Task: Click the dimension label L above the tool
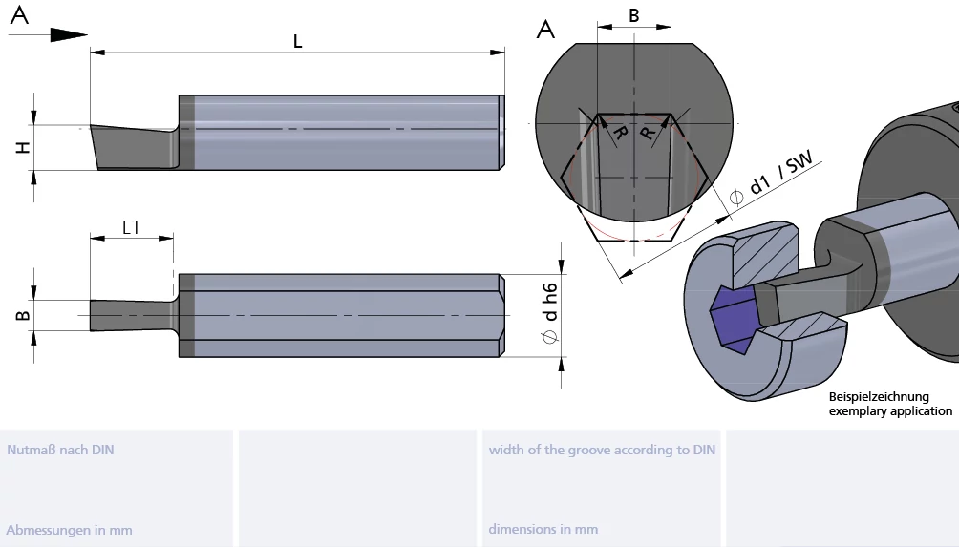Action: (297, 41)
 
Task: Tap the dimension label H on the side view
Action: (23, 147)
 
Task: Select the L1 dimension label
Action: (130, 227)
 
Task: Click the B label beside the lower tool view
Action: (23, 315)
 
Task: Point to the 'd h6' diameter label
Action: (550, 313)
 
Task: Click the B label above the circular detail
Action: (634, 16)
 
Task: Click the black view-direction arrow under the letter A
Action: (68, 34)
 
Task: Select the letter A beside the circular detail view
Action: (545, 29)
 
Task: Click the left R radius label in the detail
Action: (619, 132)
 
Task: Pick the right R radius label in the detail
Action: (647, 133)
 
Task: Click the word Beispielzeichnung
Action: (879, 397)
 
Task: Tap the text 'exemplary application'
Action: (890, 410)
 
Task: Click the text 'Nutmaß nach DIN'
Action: (60, 450)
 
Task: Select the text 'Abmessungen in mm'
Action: (69, 530)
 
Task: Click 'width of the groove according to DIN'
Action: (602, 450)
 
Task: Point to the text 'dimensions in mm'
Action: (543, 529)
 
